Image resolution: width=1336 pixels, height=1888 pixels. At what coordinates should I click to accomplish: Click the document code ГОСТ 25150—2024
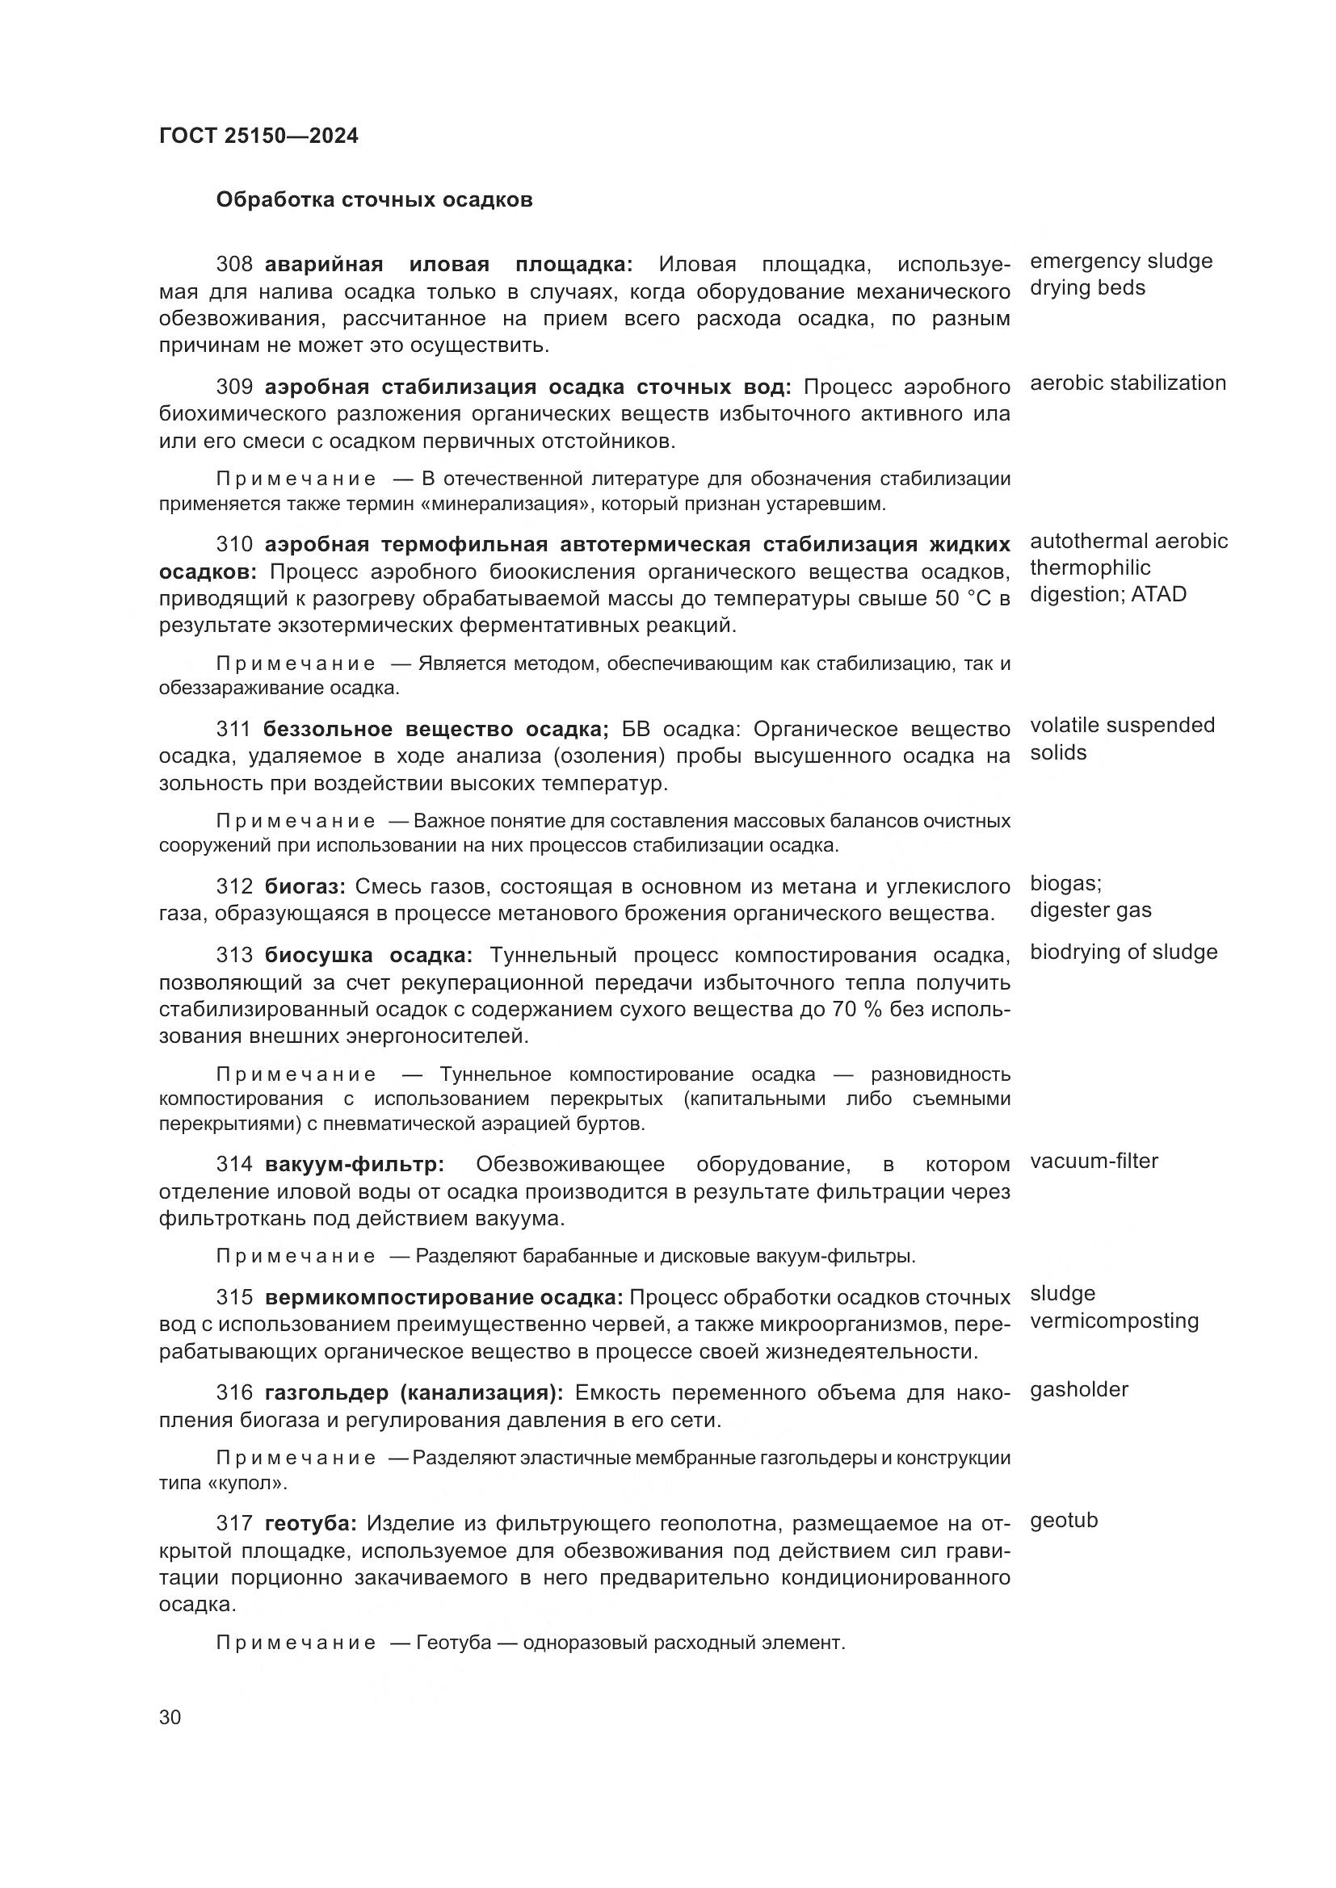258,136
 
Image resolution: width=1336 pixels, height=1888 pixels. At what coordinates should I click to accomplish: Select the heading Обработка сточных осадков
373,200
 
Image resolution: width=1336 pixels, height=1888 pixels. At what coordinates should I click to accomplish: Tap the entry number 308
234,265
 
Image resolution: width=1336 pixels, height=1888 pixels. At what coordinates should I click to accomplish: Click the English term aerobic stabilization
1127,383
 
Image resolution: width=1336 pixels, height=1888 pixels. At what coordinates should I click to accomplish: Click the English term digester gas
1090,911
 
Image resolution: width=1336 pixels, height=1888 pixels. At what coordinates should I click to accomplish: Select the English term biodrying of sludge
1123,952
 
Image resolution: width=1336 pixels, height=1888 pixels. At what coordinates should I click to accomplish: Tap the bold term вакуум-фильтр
354,1165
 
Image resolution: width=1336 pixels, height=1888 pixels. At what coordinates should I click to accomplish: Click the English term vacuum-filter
1094,1161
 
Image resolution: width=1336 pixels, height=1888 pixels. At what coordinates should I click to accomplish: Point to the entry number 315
234,1298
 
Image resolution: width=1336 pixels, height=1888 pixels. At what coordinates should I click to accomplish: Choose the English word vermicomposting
1114,1321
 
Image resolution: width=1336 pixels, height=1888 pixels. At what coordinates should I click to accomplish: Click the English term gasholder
1078,1390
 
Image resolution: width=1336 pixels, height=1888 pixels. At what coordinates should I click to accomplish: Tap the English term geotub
1064,1522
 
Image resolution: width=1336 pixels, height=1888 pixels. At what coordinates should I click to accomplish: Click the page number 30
170,1718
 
